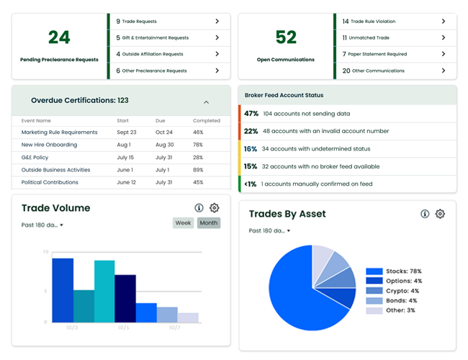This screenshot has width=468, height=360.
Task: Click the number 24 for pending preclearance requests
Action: (59, 37)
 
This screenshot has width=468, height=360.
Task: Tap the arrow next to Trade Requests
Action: (217, 22)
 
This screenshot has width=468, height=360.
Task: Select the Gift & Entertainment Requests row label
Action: (156, 38)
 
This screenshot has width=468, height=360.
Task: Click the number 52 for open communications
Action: (286, 37)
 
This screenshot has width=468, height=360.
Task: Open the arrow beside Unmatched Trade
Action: (443, 37)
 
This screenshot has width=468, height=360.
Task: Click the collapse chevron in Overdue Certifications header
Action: (206, 102)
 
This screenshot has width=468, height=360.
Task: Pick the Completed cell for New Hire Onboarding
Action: (198, 145)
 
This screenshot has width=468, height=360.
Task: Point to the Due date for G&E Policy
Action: (164, 157)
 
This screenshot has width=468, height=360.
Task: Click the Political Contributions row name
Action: (50, 182)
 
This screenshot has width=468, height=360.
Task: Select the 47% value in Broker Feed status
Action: (251, 114)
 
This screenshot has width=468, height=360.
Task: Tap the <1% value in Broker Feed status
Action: (250, 184)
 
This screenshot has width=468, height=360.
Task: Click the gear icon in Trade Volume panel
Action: (214, 208)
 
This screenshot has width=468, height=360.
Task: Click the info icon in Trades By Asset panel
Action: (425, 214)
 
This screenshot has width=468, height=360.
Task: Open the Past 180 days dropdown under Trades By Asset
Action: (269, 231)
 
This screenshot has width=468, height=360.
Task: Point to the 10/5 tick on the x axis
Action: (124, 328)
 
